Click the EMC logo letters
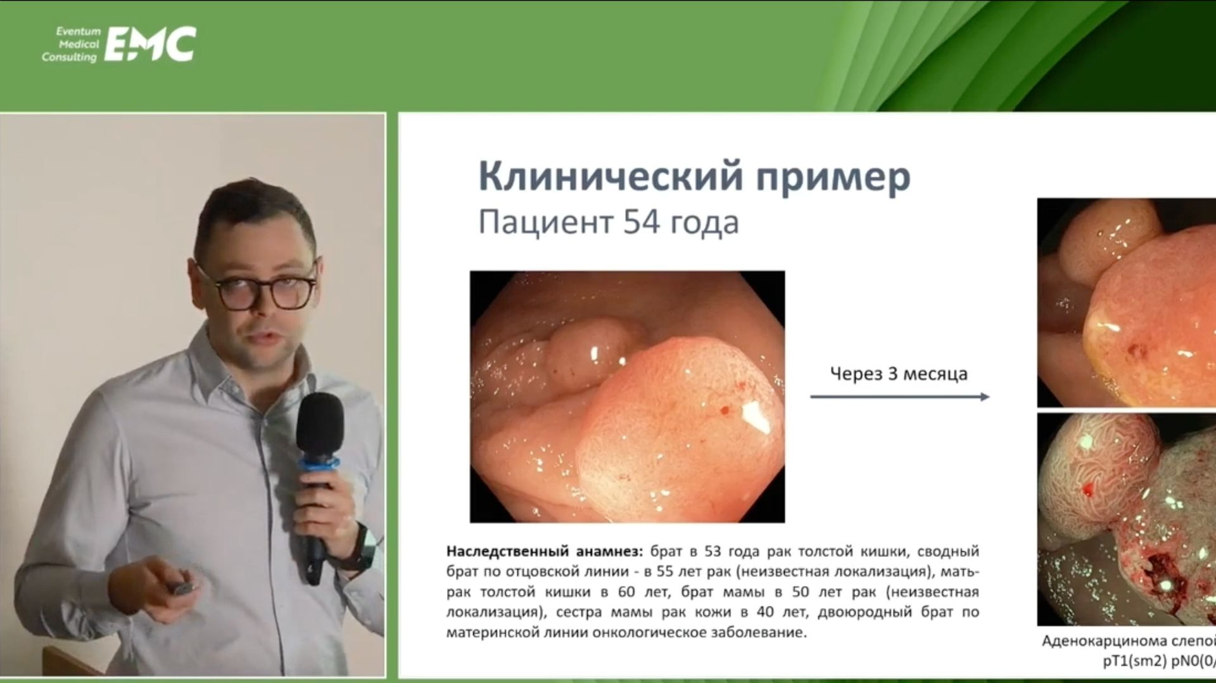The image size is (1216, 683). (x=150, y=44)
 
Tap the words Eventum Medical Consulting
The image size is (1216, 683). (x=71, y=44)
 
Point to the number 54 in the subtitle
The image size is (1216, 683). (x=640, y=222)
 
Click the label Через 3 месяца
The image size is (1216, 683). (x=899, y=374)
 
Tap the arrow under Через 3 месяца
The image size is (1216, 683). (x=899, y=397)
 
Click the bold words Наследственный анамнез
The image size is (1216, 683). (x=544, y=551)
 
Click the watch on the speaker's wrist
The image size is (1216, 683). (x=365, y=545)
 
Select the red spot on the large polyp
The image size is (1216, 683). (x=724, y=411)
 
